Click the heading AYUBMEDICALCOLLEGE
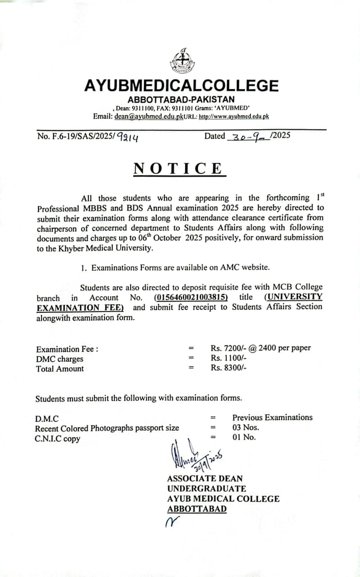pyautogui.click(x=181, y=86)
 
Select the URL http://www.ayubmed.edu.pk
pyautogui.click(x=234, y=116)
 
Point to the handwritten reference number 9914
pyautogui.click(x=128, y=137)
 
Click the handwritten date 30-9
pyautogui.click(x=248, y=137)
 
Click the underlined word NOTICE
pyautogui.click(x=178, y=169)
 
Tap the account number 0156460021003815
pyautogui.click(x=191, y=298)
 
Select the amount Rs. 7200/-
pyautogui.click(x=228, y=348)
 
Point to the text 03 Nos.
pyautogui.click(x=246, y=427)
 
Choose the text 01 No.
pyautogui.click(x=244, y=437)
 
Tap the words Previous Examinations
pyautogui.click(x=272, y=417)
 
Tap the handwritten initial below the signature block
pyautogui.click(x=172, y=522)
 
